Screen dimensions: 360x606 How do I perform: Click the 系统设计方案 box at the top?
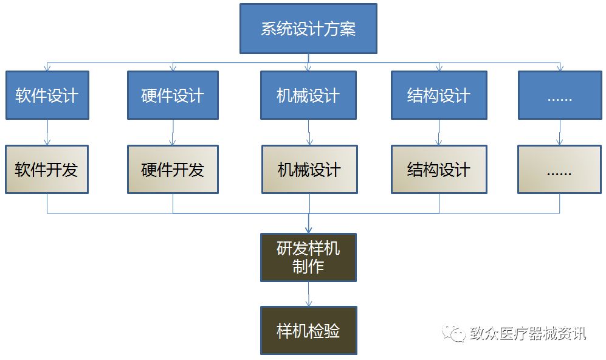pyautogui.click(x=308, y=29)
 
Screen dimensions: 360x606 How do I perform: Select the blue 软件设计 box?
pyautogui.click(x=47, y=95)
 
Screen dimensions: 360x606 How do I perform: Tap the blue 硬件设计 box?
pyautogui.click(x=173, y=95)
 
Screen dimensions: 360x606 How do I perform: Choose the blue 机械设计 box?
pyautogui.click(x=308, y=95)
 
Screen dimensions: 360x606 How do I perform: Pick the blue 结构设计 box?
pyautogui.click(x=438, y=95)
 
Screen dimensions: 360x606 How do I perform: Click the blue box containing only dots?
pyautogui.click(x=559, y=95)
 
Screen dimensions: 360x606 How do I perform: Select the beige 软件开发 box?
pyautogui.click(x=47, y=169)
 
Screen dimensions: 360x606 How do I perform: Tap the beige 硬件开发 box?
pyautogui.click(x=173, y=169)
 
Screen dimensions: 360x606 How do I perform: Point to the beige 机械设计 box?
pyautogui.click(x=309, y=169)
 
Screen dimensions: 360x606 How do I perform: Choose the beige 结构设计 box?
pyautogui.click(x=438, y=169)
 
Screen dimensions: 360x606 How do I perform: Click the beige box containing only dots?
pyautogui.click(x=559, y=169)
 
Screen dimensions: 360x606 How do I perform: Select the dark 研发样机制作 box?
pyautogui.click(x=308, y=257)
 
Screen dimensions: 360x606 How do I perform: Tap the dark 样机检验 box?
pyautogui.click(x=308, y=330)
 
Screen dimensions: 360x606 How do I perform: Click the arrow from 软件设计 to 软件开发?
pyautogui.click(x=47, y=132)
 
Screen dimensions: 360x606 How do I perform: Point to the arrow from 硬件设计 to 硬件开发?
pyautogui.click(x=173, y=132)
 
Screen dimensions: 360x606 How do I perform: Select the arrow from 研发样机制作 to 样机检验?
pyautogui.click(x=309, y=294)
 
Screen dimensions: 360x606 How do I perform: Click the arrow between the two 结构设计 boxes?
pyautogui.click(x=439, y=132)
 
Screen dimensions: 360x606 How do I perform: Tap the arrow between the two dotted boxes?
pyautogui.click(x=560, y=132)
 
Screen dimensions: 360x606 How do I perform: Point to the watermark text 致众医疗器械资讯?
pyautogui.click(x=528, y=333)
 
